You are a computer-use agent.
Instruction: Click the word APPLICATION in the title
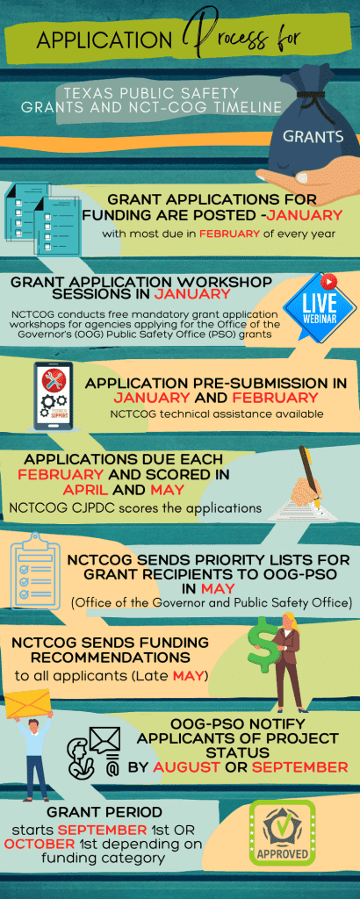click(x=104, y=40)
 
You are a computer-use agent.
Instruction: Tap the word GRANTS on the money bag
click(x=313, y=136)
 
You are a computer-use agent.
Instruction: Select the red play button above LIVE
click(x=328, y=281)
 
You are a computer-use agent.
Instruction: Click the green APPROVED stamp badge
click(x=282, y=832)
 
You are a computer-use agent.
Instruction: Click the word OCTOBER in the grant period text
click(x=39, y=844)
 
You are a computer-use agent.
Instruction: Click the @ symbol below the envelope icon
click(x=112, y=766)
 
